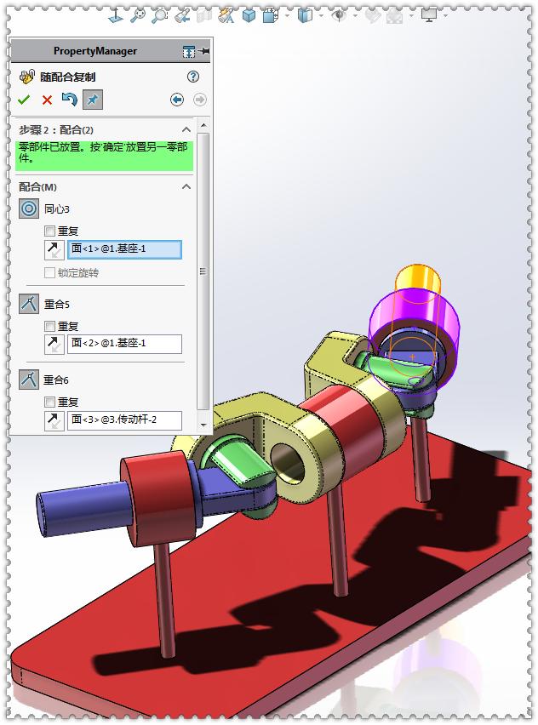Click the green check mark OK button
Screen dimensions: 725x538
click(x=24, y=100)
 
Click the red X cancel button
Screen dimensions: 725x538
click(x=47, y=100)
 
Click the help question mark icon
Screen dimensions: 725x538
click(x=193, y=77)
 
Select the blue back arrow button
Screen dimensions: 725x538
click(x=177, y=100)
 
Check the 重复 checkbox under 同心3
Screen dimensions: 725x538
click(x=50, y=231)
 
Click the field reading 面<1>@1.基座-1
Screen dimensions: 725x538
click(x=124, y=250)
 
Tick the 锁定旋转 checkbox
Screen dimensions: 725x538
click(x=50, y=273)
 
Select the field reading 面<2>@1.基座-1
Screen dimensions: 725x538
click(x=124, y=344)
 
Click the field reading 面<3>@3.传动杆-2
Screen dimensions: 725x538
click(x=124, y=420)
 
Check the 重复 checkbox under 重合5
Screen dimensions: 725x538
click(x=50, y=326)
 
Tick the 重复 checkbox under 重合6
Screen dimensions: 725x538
click(x=50, y=402)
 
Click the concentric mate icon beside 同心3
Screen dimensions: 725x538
click(x=29, y=208)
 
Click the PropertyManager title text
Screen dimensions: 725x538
click(x=94, y=51)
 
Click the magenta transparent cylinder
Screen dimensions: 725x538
click(x=443, y=328)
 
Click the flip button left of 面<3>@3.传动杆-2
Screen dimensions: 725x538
click(x=54, y=420)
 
